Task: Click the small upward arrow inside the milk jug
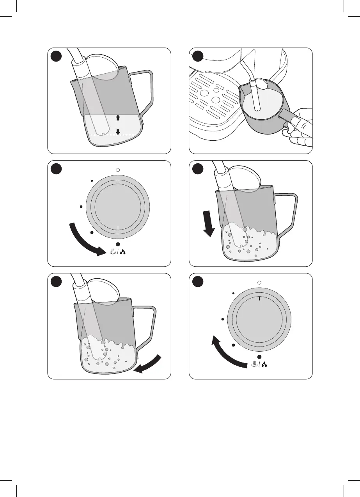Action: [118, 117]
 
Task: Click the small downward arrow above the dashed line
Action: [118, 131]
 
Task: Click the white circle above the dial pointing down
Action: [117, 170]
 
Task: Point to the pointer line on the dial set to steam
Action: [117, 228]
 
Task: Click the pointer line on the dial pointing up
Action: [259, 298]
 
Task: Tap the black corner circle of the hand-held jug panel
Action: [198, 56]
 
